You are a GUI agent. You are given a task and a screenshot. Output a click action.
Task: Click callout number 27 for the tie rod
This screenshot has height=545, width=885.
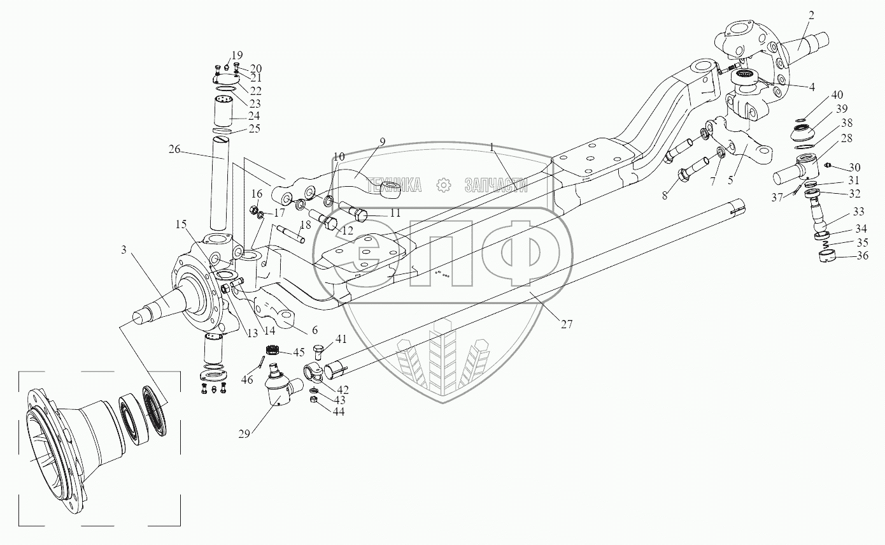coord(567,324)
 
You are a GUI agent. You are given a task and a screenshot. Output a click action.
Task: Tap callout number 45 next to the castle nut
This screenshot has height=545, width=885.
coord(299,352)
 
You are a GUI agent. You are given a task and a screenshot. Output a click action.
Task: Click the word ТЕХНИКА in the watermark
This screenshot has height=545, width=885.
coord(393,185)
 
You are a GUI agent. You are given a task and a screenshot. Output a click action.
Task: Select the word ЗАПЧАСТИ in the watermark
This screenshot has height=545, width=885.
coord(496,185)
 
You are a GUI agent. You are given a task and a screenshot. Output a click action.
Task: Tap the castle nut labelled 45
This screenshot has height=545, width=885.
coord(273,350)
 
